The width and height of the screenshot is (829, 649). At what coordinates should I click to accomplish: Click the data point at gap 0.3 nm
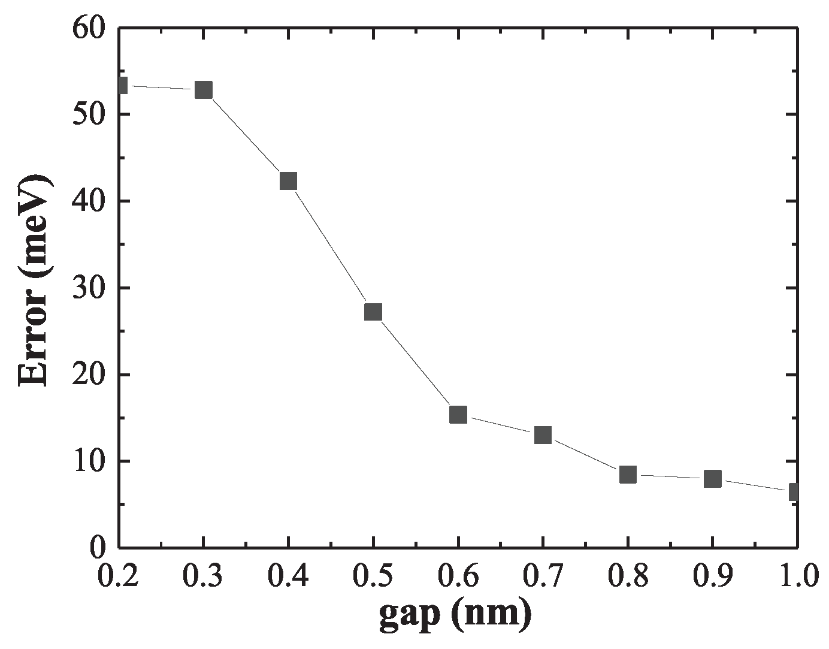point(204,90)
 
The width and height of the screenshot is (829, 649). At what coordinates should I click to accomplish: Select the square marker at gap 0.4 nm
point(288,181)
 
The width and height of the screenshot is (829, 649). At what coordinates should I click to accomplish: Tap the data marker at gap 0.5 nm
point(373,312)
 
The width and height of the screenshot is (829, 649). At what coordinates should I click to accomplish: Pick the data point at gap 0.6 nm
point(458,414)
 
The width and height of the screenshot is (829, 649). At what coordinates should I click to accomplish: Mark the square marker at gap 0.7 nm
point(543,434)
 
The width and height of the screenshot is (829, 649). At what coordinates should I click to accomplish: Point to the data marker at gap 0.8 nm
point(628,475)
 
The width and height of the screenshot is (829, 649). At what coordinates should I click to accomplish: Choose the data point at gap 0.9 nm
point(712,478)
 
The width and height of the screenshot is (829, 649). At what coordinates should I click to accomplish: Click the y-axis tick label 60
point(89,28)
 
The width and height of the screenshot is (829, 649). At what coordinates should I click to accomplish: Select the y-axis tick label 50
point(89,114)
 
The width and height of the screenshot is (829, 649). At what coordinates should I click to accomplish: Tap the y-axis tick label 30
point(89,288)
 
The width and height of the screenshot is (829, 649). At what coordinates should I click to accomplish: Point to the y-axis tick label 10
point(89,461)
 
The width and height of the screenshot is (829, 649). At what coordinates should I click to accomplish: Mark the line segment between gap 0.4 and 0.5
point(331,246)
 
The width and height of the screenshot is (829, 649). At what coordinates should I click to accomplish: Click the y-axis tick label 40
point(89,201)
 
